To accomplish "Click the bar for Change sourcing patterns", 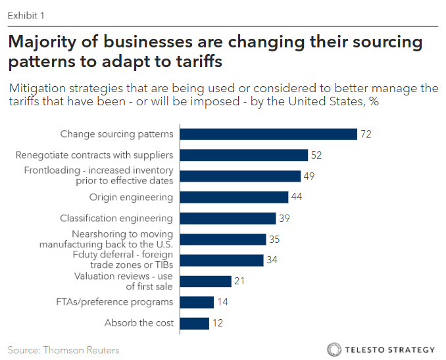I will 268,134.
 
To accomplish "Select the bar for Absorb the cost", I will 194,323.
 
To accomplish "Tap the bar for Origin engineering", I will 234,197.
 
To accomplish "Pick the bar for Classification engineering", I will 227,219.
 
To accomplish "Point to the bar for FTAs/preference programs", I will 196,302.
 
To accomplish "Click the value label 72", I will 367,134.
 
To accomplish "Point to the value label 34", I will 272,260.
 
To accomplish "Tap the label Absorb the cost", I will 139,323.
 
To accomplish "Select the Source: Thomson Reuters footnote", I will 63,349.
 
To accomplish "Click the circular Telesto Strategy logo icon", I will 334,349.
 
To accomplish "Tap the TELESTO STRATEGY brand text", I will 390,349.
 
